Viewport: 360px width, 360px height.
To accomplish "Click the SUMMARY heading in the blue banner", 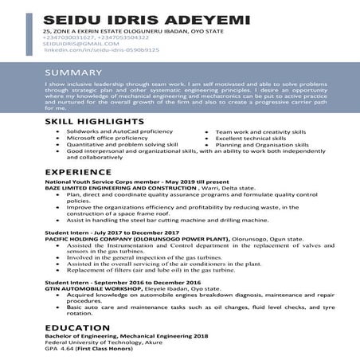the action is (72, 72).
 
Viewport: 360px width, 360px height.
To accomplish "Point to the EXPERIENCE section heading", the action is (78, 172).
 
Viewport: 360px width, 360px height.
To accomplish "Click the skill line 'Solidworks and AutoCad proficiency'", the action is (119, 130).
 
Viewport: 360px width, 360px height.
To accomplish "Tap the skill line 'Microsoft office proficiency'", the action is (108, 137).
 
